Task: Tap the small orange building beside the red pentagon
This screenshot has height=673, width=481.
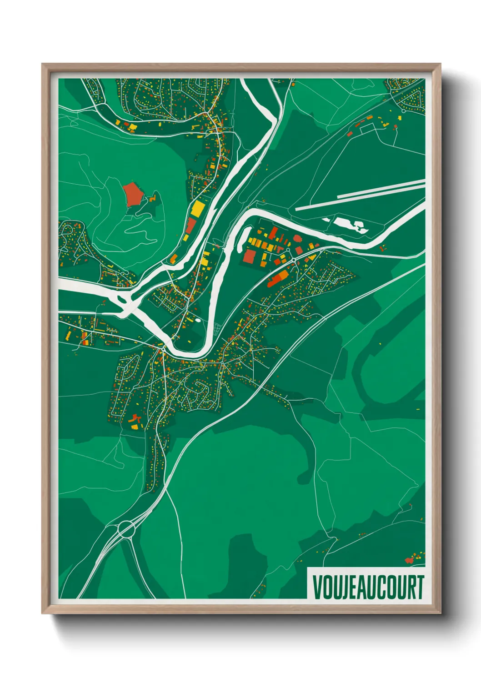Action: point(152,199)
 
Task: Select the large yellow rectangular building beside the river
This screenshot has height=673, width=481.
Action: point(198,209)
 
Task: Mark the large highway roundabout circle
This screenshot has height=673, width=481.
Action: point(127,529)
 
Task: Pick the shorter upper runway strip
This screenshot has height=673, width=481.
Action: point(381,189)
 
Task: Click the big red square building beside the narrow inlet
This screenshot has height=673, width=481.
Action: point(249,256)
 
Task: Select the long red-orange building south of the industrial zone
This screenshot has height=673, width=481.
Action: point(278,278)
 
